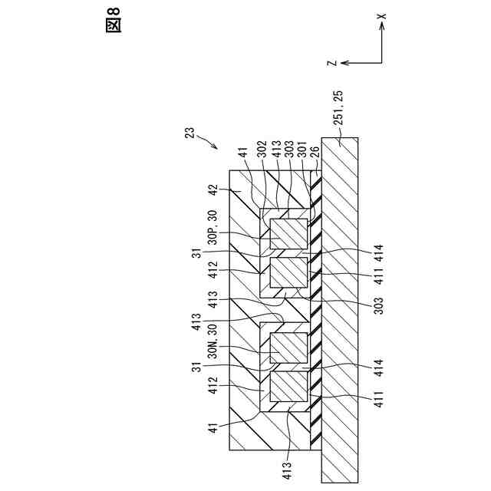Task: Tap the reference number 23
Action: point(189,132)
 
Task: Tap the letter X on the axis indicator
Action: point(382,15)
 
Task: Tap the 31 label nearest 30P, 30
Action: point(197,255)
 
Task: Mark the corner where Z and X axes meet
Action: point(381,61)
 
